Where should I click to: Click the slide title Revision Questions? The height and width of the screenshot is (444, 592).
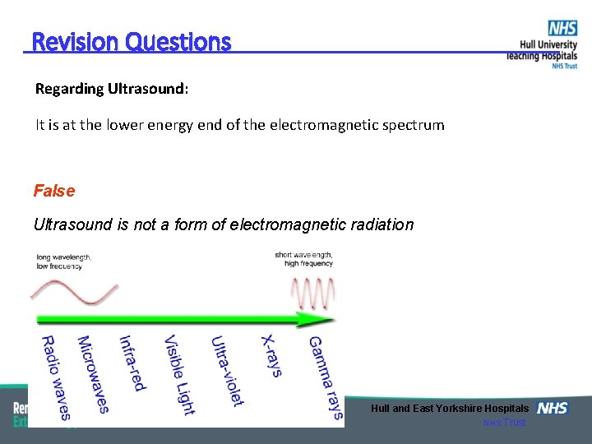(x=132, y=41)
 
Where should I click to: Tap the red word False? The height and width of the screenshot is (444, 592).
(x=54, y=191)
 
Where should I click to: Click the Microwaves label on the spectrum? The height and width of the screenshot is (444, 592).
(x=92, y=374)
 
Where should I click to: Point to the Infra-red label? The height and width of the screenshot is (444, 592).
(x=132, y=363)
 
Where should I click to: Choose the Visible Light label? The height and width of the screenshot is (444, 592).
(x=178, y=375)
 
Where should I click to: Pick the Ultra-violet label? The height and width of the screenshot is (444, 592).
(x=227, y=371)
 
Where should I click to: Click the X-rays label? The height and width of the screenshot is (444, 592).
(x=271, y=355)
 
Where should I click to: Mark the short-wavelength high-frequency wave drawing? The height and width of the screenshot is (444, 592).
(x=313, y=291)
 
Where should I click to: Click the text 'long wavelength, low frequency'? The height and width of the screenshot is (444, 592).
(x=63, y=261)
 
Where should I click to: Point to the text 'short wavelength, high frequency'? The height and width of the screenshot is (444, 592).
(x=303, y=259)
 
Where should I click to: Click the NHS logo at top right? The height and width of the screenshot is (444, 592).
(x=562, y=28)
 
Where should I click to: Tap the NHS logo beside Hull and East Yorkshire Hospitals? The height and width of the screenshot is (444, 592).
(x=552, y=409)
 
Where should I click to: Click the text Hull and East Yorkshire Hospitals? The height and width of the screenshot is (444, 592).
(x=449, y=409)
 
